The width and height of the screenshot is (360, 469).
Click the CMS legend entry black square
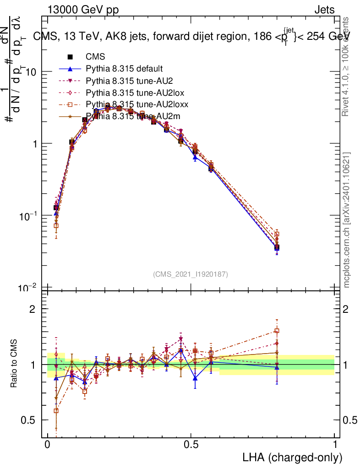coord(71,57)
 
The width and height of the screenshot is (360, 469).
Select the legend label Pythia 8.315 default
coord(124,69)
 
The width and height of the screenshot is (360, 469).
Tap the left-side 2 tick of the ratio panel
coord(33,309)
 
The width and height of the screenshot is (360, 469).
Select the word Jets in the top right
coord(324,10)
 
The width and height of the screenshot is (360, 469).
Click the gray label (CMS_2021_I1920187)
coord(191,274)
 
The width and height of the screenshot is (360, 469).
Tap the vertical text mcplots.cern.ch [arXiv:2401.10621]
coord(347,220)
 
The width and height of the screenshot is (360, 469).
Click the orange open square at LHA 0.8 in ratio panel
coord(277,331)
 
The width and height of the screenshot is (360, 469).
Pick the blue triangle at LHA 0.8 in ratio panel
coord(277,367)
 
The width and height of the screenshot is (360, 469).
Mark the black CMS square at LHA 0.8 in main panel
coord(277,248)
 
